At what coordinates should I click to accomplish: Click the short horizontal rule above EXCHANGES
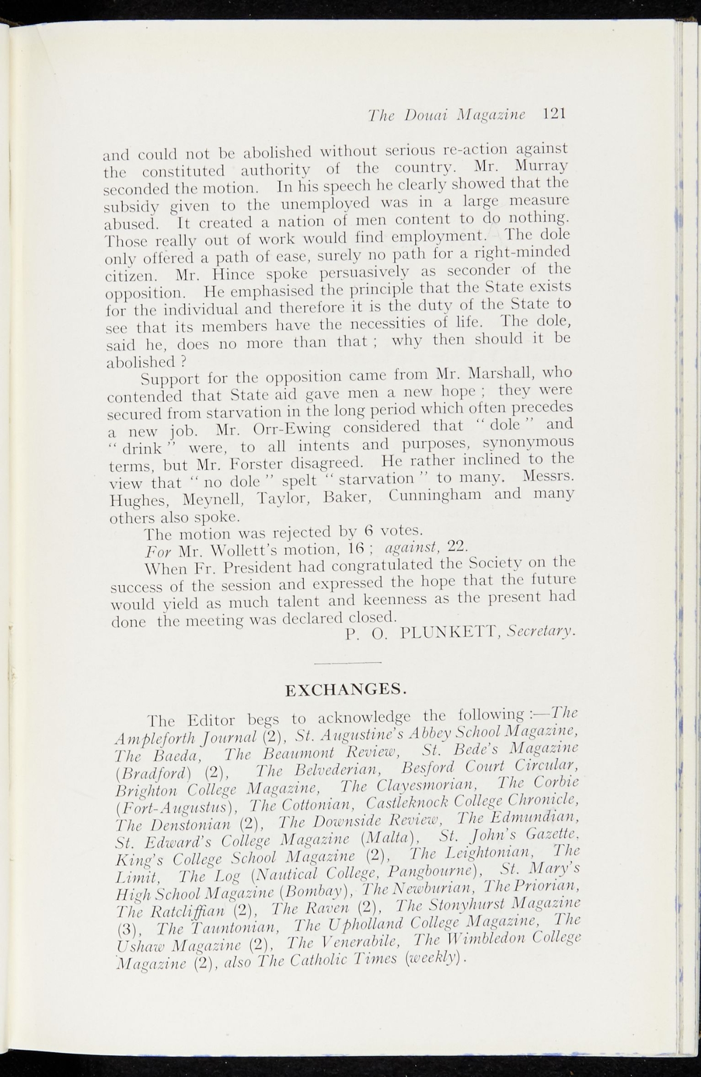pos(347,663)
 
